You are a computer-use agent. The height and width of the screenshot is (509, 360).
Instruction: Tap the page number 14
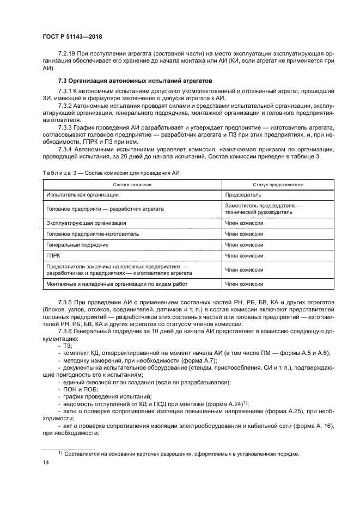pos(45,462)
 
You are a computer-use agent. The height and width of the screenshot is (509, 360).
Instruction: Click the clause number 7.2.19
pos(69,55)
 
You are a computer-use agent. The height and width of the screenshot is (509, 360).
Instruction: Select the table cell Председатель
pos(243,194)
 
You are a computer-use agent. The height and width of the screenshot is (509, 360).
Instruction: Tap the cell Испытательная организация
pos(82,194)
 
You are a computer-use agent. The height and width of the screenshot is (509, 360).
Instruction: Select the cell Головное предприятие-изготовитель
pos(92,234)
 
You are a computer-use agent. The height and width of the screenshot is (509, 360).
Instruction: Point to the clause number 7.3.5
pos(66,301)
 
